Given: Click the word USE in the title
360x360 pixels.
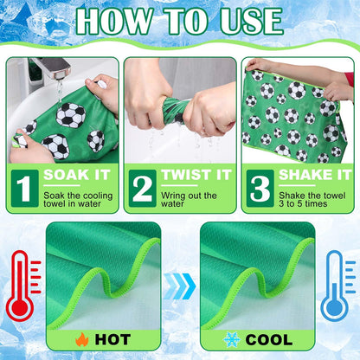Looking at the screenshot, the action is pyautogui.click(x=251, y=22).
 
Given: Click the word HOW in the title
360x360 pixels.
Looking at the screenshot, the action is pyautogui.click(x=114, y=22).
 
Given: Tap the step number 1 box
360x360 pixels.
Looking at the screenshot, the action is pyautogui.click(x=25, y=189).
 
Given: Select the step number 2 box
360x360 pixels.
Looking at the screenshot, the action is pyautogui.click(x=143, y=189).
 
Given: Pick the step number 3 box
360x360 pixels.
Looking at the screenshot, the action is pyautogui.click(x=260, y=189).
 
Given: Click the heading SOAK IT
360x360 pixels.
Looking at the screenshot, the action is pyautogui.click(x=77, y=175).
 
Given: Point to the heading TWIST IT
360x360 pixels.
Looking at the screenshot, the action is pyautogui.click(x=196, y=175).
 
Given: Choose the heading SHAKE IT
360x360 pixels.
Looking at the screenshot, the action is pyautogui.click(x=315, y=175).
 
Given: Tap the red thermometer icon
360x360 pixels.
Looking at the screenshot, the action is pyautogui.click(x=23, y=286).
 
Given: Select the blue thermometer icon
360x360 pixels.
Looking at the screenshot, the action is pyautogui.click(x=337, y=286).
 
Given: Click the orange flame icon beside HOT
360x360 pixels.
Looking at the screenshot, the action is pyautogui.click(x=82, y=339).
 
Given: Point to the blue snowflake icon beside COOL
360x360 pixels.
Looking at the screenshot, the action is pyautogui.click(x=232, y=339).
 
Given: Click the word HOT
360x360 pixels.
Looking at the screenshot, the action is pyautogui.click(x=112, y=339).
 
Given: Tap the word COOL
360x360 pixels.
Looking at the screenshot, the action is pyautogui.click(x=269, y=339).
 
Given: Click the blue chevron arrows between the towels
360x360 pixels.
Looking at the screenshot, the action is pyautogui.click(x=180, y=286).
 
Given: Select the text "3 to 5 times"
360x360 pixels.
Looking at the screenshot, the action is pyautogui.click(x=303, y=203).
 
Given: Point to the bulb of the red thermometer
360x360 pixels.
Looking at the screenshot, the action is pyautogui.click(x=20, y=307).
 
